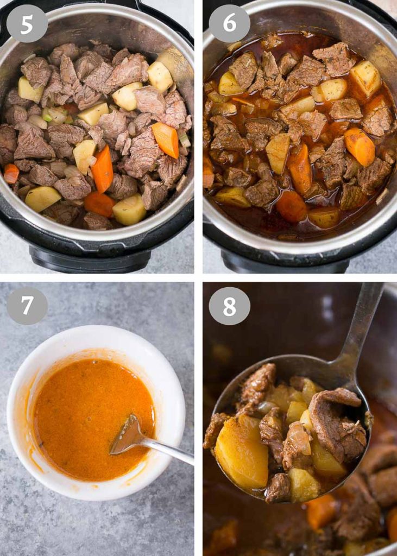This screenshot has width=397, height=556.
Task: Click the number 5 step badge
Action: point(27,23)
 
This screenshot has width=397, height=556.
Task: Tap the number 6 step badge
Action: point(229,23)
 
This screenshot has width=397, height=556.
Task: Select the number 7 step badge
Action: point(27,306)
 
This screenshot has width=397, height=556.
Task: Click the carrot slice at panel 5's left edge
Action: point(11,173)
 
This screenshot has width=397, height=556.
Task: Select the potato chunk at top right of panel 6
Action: point(366,78)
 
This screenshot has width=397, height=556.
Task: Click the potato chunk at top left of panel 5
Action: point(30,90)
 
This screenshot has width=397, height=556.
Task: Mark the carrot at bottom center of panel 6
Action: point(291,206)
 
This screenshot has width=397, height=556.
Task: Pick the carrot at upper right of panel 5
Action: point(165,140)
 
